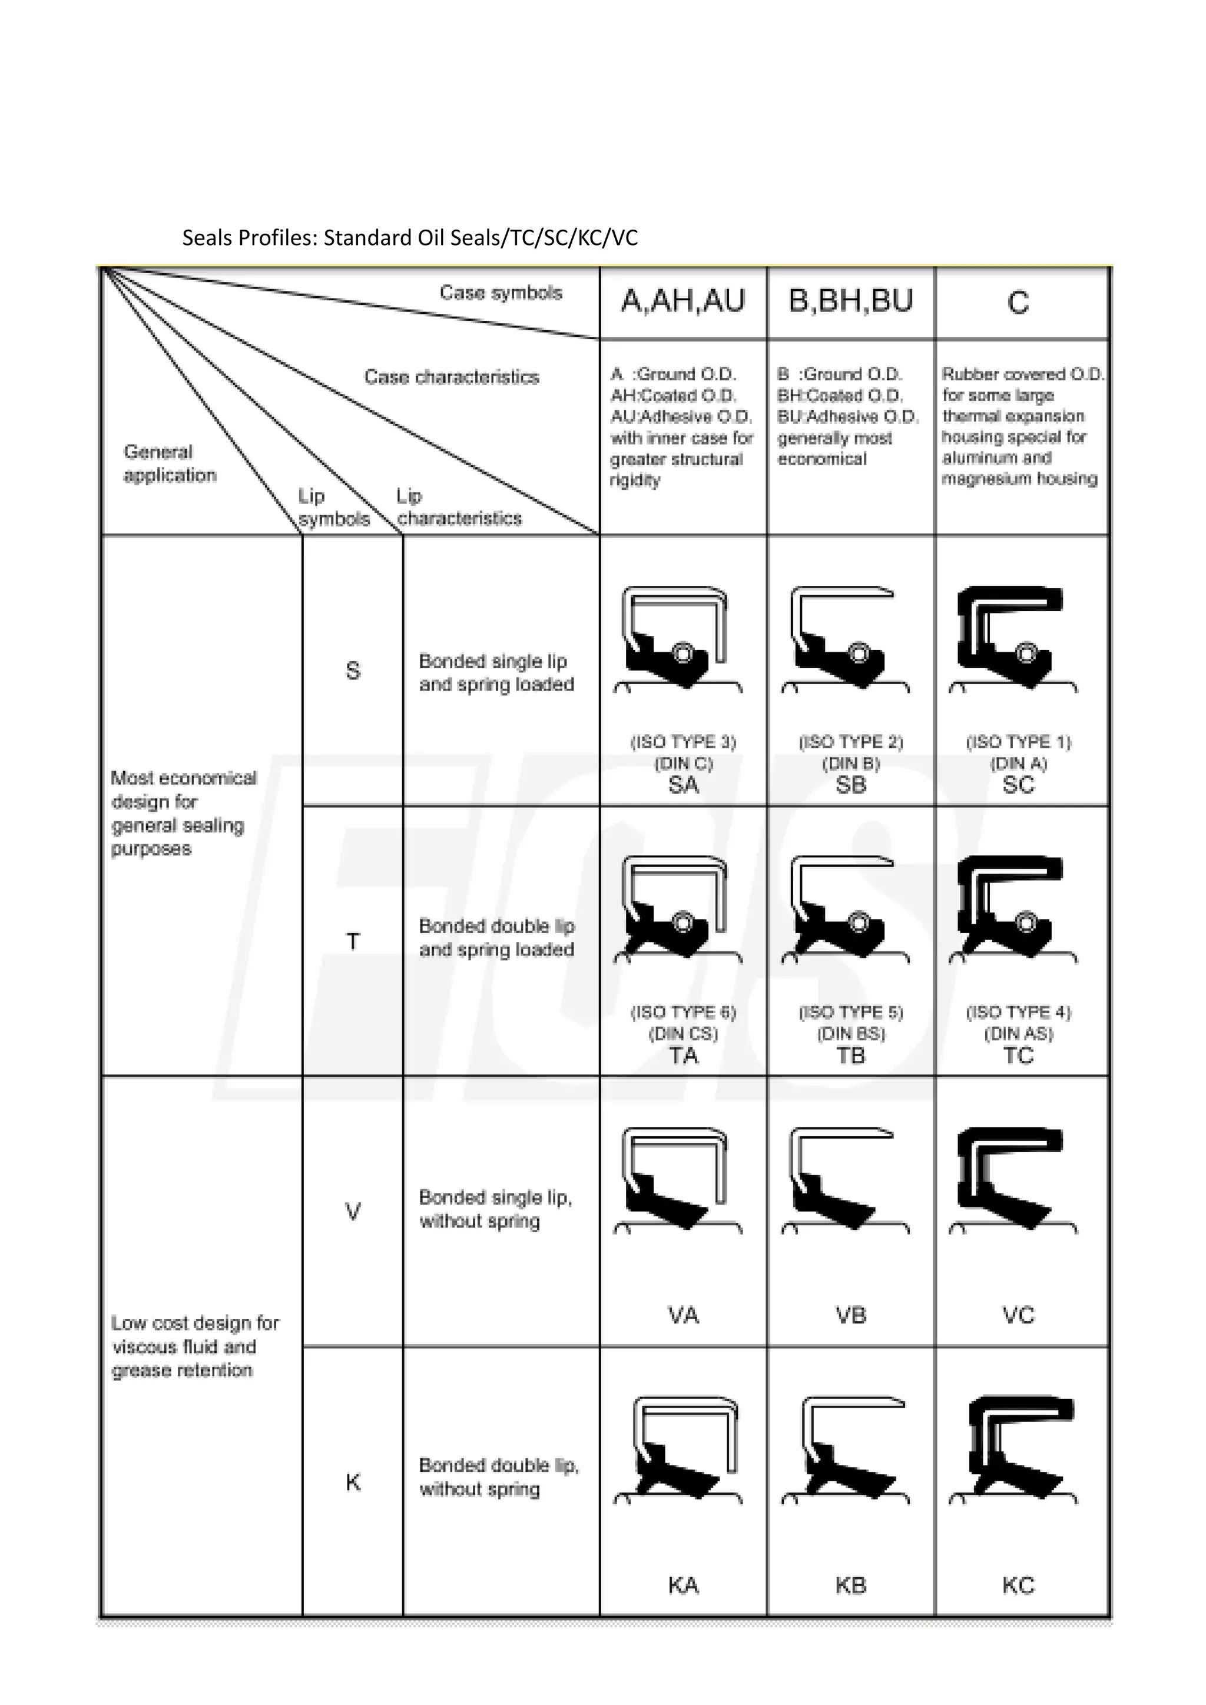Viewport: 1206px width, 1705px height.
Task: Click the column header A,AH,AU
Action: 682,301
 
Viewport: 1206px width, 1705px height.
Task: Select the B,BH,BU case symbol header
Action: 850,301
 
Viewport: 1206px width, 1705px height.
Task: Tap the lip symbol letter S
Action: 353,671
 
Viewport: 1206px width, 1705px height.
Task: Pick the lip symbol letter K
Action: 353,1483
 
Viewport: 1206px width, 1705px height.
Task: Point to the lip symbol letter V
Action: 353,1212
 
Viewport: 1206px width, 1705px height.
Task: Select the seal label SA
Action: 683,785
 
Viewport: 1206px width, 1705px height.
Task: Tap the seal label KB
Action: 850,1585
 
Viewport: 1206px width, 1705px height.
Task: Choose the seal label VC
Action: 1018,1315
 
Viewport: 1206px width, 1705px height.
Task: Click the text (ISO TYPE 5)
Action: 850,1012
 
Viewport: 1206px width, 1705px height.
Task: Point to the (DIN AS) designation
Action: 1018,1034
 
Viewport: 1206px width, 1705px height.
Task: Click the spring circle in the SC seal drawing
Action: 1026,653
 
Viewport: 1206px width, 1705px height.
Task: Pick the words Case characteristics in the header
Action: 452,377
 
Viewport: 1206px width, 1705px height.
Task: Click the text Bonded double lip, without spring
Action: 498,1477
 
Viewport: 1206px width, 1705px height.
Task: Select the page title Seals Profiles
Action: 409,238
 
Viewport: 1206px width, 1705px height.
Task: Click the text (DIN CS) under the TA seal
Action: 683,1034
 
